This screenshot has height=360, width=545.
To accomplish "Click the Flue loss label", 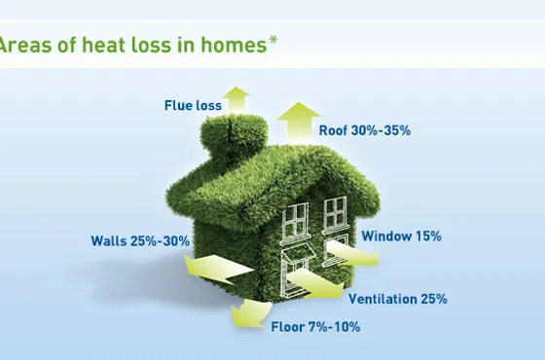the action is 193,105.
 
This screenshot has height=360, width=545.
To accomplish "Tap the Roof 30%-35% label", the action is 365,130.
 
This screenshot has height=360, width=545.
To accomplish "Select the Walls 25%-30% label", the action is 140,241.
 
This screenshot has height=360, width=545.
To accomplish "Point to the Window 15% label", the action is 401,235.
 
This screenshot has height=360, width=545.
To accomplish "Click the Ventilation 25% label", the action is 398,299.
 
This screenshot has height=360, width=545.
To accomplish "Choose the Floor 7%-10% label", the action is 315,327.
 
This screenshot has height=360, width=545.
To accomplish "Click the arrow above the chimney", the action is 236,99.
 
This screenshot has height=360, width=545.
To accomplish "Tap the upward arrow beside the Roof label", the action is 298,122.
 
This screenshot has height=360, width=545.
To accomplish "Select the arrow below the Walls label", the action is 218,269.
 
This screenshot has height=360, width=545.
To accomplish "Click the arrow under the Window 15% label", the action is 352,254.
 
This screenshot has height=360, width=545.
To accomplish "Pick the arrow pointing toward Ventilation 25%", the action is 316,284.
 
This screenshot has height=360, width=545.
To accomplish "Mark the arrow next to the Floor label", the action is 251,313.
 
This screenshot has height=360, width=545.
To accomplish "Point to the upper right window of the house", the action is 335,213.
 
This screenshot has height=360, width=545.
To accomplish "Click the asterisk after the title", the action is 273,40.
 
